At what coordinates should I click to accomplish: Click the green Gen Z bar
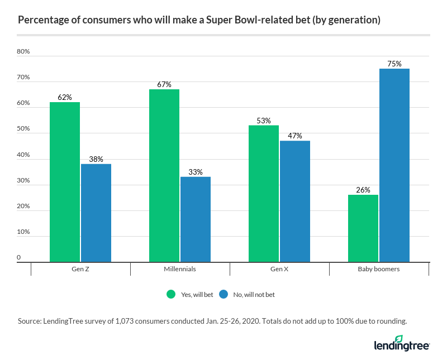tap(65, 182)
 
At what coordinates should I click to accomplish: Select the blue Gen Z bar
tap(96, 213)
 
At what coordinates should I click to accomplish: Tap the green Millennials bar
tap(164, 175)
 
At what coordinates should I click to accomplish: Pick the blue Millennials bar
tap(196, 219)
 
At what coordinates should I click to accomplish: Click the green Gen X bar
tap(264, 194)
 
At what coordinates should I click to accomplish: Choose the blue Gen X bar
tap(295, 201)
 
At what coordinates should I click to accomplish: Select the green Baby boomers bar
tap(363, 228)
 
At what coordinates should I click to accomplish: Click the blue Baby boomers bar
tap(394, 165)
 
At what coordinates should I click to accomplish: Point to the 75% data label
tap(394, 64)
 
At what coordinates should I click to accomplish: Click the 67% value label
tap(164, 84)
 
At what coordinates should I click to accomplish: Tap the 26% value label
tap(363, 190)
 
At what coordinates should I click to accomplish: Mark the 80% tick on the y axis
tap(23, 51)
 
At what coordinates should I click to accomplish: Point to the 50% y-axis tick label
tap(23, 129)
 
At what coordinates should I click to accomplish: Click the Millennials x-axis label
tap(180, 269)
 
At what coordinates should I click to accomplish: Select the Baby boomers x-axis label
tap(379, 269)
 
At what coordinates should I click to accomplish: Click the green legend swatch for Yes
tap(172, 294)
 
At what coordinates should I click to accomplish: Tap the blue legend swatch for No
tap(223, 294)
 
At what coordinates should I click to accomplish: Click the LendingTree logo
tap(401, 344)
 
